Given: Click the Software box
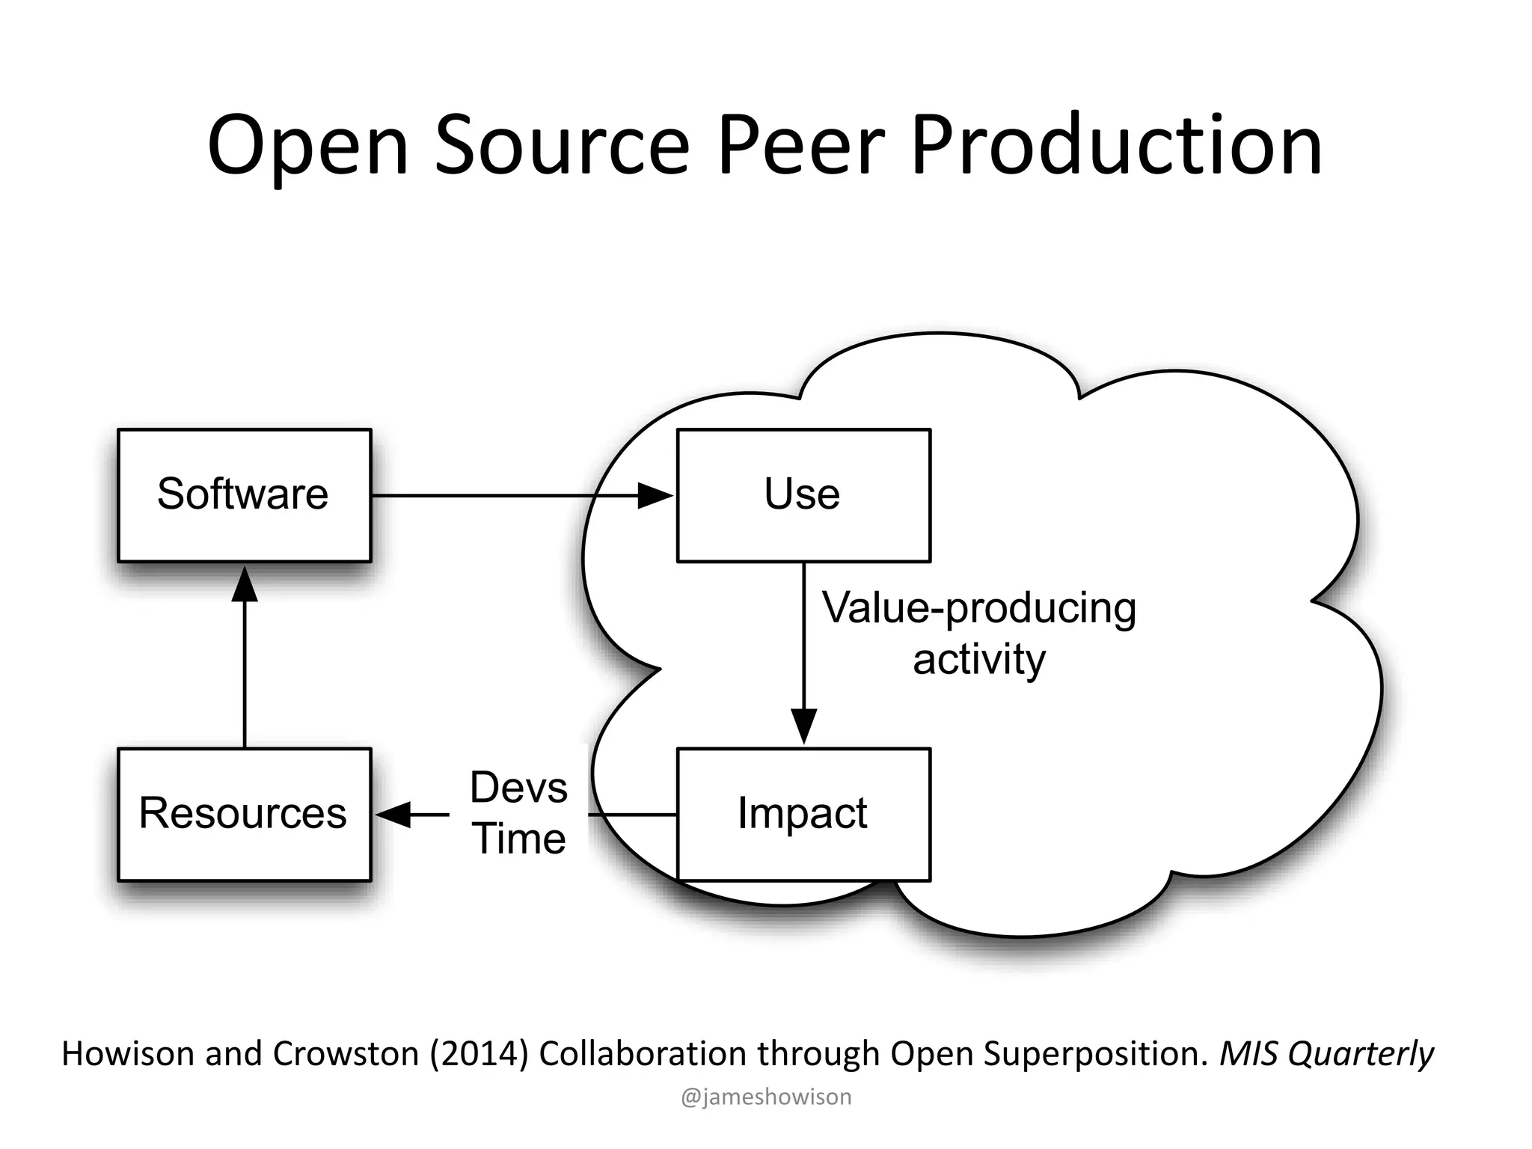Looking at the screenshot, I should [244, 495].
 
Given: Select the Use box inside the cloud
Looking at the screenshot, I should [803, 495].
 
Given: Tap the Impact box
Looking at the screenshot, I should [803, 814].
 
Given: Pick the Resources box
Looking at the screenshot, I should [244, 814].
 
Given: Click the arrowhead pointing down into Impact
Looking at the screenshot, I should [804, 726].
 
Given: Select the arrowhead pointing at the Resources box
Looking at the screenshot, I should [393, 814].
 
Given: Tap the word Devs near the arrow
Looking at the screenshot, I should [518, 788].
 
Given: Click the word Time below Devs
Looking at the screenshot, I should [518, 839].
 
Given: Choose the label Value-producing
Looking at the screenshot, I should [979, 608].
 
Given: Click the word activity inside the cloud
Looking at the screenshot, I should [979, 660].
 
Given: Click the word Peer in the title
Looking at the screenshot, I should [801, 146].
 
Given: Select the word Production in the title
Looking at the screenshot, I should [1117, 146].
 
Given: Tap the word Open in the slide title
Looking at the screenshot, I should [307, 146].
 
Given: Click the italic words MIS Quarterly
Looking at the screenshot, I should [1326, 1054].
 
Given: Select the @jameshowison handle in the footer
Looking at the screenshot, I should [766, 1097].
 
